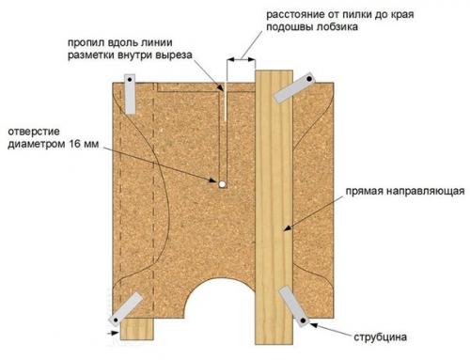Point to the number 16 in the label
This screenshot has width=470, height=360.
click(x=76, y=145)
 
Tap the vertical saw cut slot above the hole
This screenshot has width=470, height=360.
click(x=223, y=132)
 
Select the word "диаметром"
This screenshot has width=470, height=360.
click(x=37, y=145)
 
